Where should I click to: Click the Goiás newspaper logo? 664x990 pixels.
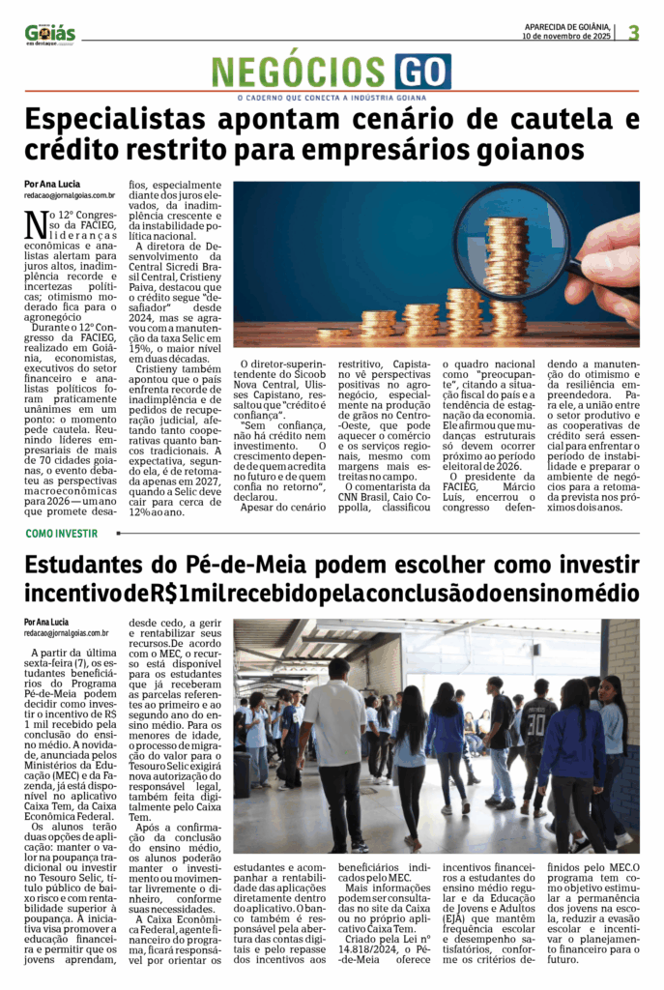click(50, 34)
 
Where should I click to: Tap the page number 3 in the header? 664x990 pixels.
click(633, 32)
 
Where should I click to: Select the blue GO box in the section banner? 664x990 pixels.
click(421, 72)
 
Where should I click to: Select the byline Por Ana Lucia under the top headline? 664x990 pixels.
click(51, 184)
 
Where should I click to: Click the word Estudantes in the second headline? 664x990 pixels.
click(102, 565)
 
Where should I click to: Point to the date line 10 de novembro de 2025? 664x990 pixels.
click(566, 37)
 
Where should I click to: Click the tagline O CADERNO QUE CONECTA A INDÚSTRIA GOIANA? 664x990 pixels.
click(331, 97)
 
